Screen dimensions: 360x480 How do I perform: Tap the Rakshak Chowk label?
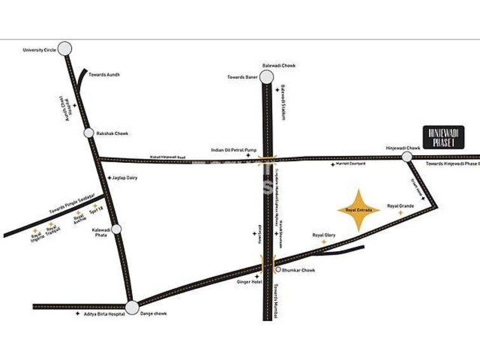pos(112,134)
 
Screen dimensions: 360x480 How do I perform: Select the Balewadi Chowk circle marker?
pos(266,78)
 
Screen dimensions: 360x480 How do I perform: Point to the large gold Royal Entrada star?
pos(359,210)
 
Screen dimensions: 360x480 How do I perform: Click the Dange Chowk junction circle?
pos(132,308)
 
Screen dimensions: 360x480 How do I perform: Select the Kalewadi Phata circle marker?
pos(116,229)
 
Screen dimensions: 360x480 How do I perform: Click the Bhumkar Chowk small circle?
pos(278,270)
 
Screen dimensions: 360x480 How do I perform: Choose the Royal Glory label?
pos(324,235)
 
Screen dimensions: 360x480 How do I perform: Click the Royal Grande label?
pos(401,206)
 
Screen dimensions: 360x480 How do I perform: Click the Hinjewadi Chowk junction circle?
pos(407,156)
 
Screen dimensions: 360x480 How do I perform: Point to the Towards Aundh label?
pos(104,74)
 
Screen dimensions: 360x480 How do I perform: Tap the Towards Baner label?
pos(241,78)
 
